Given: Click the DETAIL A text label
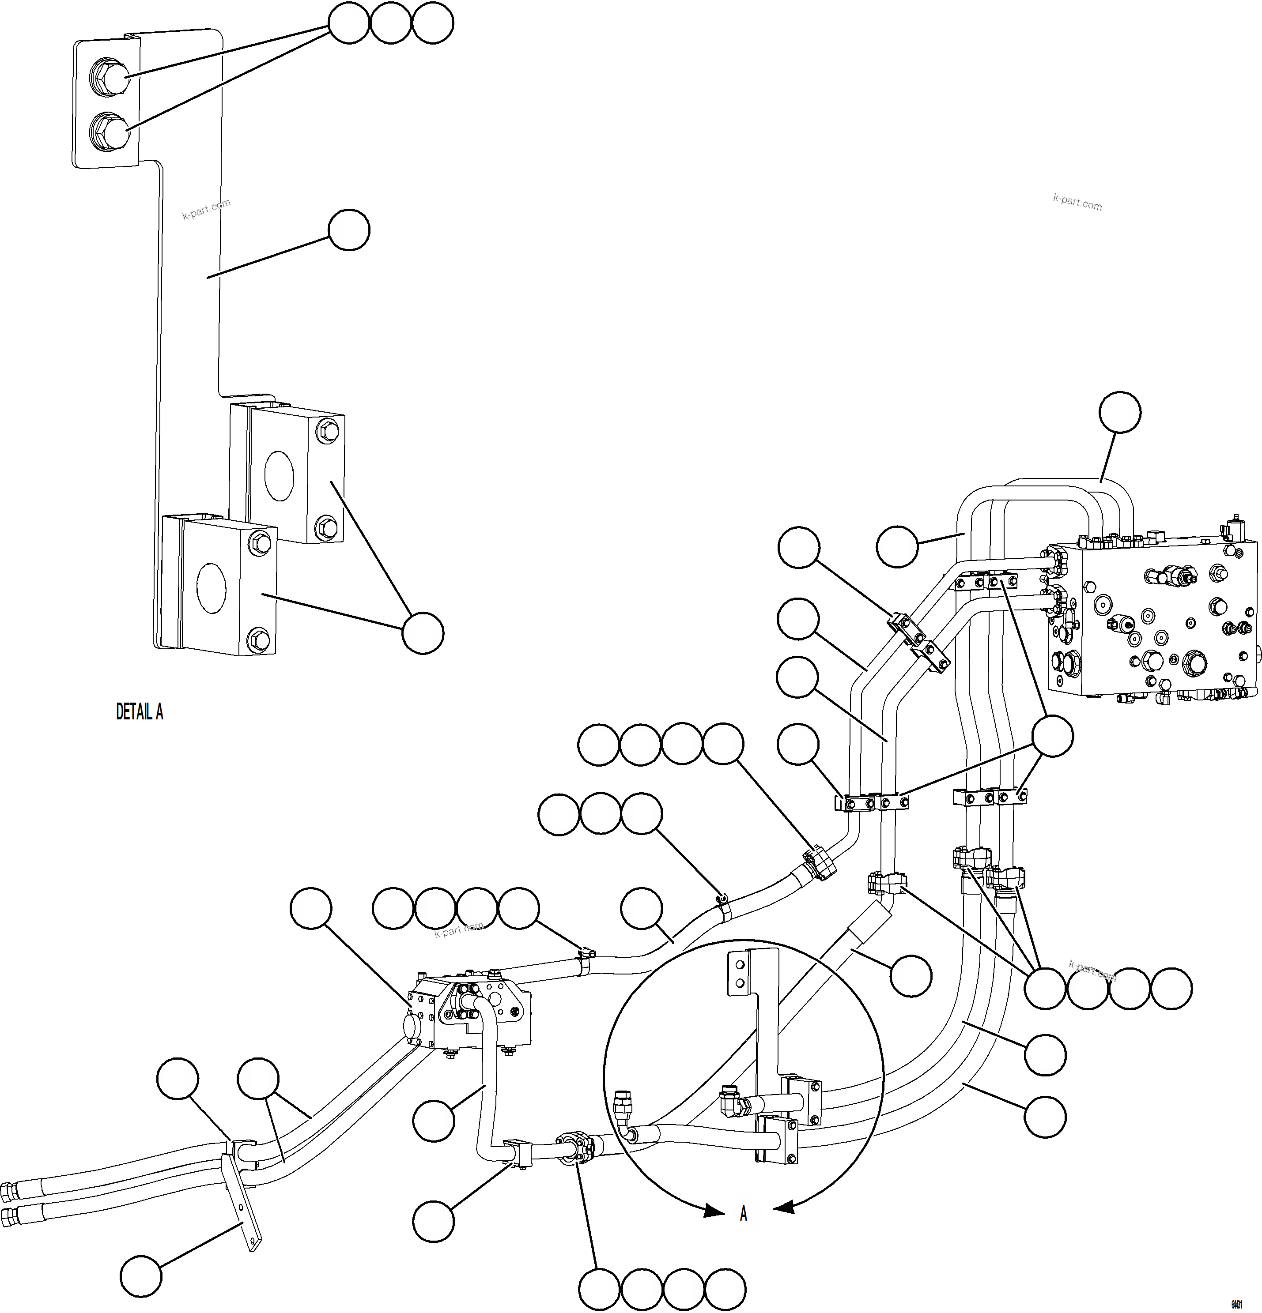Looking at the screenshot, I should [x=140, y=711].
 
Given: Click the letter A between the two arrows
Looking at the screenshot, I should [x=743, y=1214].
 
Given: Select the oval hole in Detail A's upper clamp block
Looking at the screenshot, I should [x=279, y=475].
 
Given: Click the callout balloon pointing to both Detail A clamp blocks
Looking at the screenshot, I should [x=422, y=632].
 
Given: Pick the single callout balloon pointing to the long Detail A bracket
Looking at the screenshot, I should [x=348, y=230].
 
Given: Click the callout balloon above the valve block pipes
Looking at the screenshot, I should [x=1121, y=413].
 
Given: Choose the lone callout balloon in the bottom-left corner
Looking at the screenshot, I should [x=141, y=1277].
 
